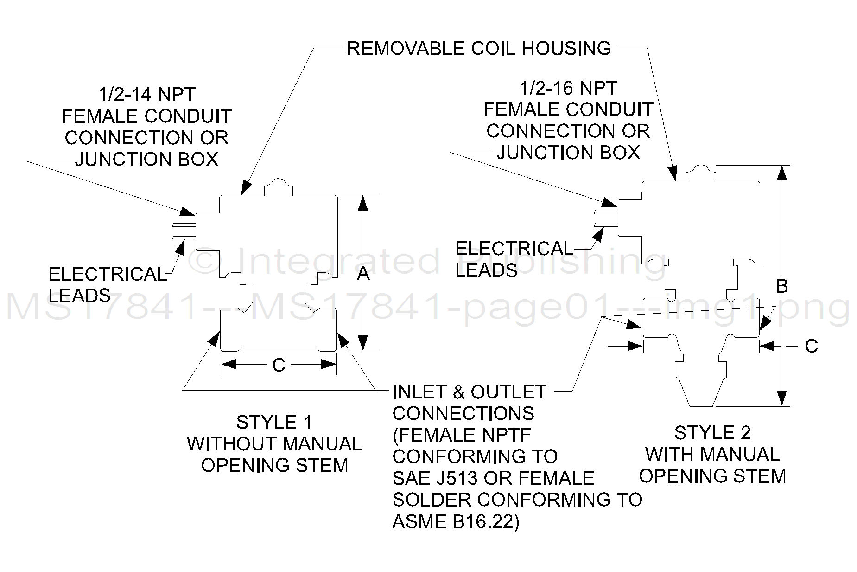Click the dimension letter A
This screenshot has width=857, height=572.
pos(363,274)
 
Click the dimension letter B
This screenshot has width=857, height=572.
pos(782,286)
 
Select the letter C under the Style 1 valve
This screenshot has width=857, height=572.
pos(279,366)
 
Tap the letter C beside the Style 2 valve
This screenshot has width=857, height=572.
pos(811,346)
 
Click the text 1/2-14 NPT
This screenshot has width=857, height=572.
pos(147,95)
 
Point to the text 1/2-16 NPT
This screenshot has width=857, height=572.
pos(568,88)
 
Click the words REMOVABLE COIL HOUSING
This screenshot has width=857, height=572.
pos(479,48)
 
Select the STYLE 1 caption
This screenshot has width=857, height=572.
pos(274,423)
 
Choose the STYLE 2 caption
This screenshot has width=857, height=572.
pos(712,433)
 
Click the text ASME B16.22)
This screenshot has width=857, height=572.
pos(456,522)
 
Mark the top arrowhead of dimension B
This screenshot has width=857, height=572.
pos(782,173)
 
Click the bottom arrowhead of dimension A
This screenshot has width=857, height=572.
pos(363,342)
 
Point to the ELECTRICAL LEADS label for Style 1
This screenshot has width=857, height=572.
pos(107,284)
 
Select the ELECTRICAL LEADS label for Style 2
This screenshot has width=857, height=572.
pos(514,259)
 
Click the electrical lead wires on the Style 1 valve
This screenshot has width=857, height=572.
pos(184,231)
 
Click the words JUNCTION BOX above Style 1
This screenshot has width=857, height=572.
pos(147,160)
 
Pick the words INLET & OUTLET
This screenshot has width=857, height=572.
pos(469,392)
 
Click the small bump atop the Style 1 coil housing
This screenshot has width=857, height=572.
pos(278,183)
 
